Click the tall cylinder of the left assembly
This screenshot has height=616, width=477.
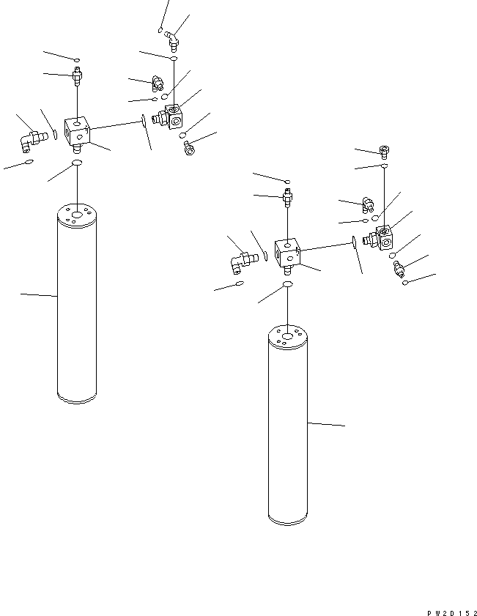click(77, 308)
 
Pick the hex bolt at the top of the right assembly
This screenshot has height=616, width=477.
click(385, 152)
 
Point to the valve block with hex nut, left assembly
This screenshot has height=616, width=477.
click(170, 116)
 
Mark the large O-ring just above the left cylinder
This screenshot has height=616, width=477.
click(77, 162)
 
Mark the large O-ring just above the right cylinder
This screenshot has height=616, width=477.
click(288, 283)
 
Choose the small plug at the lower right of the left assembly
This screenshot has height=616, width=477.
click(188, 149)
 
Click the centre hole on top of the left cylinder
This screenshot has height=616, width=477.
click(77, 214)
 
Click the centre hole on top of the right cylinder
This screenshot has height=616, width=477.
click(288, 335)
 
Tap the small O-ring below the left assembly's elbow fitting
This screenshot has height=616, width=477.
click(29, 161)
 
